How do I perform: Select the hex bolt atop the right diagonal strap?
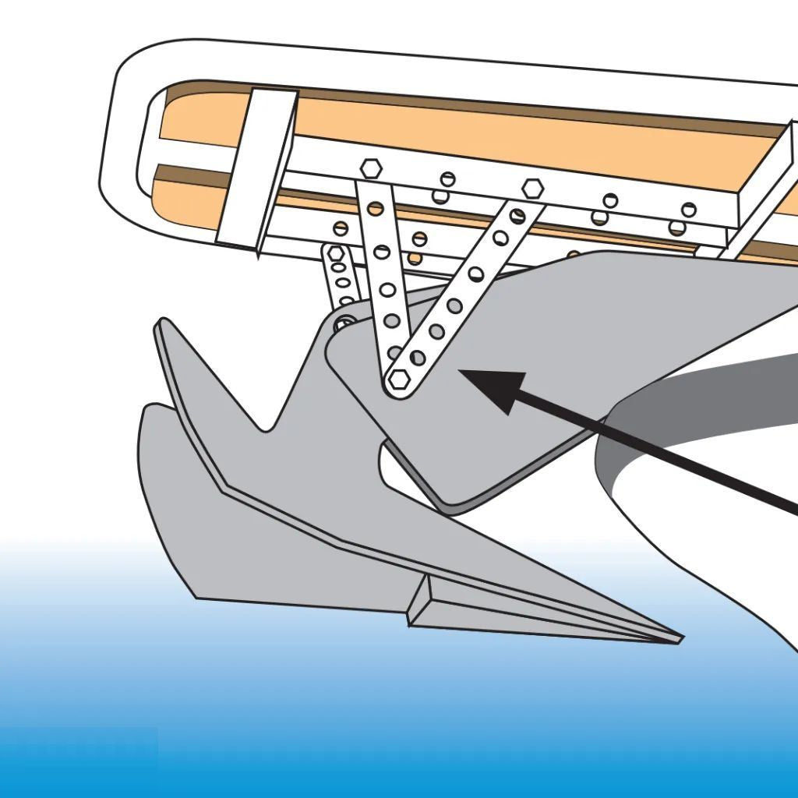pyautogui.click(x=532, y=188)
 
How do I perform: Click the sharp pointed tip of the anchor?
pyautogui.click(x=678, y=640)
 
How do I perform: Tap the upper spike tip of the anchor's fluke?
pyautogui.click(x=163, y=323)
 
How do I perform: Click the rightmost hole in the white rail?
pyautogui.click(x=689, y=209)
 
